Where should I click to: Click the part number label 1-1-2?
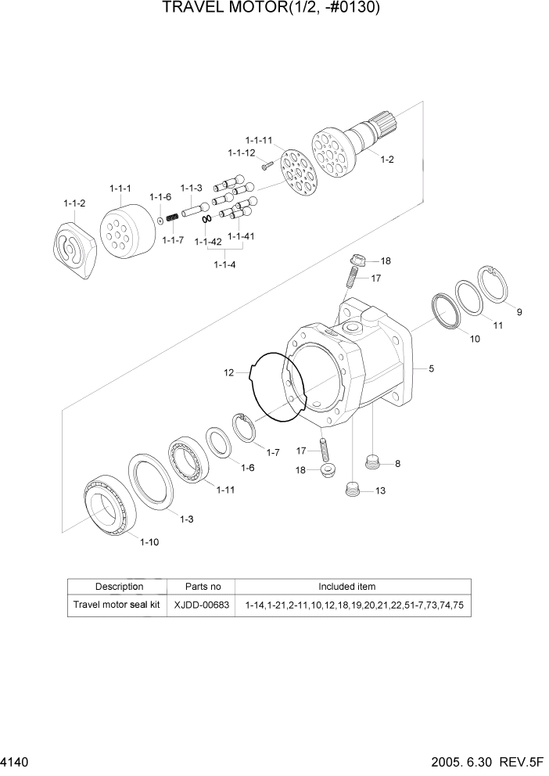[x=74, y=203]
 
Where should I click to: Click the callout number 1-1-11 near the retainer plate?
[x=259, y=140]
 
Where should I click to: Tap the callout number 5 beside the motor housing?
[x=430, y=367]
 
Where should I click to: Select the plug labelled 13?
[x=354, y=490]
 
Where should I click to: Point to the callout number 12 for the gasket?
[x=228, y=373]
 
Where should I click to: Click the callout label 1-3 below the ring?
[x=186, y=519]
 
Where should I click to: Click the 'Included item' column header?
[x=346, y=586]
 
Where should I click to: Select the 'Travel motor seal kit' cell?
[x=117, y=605]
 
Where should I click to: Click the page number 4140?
[x=16, y=762]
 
